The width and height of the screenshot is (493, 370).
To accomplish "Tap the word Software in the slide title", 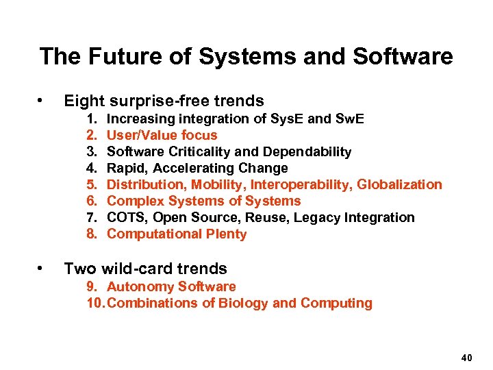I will click(x=403, y=56).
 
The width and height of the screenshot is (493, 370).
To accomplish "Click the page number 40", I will click(x=467, y=358).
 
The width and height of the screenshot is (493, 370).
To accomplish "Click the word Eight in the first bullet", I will click(x=84, y=101).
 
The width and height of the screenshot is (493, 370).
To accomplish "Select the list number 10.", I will click(x=96, y=304).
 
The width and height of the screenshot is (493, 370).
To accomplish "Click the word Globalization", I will click(x=400, y=185).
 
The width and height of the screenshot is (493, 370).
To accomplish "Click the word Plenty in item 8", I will click(x=225, y=234).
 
